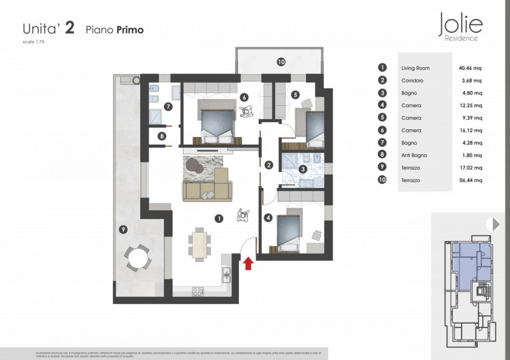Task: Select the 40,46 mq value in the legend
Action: coord(470,68)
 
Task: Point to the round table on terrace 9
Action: coord(137,257)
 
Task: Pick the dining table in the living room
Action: coord(200,244)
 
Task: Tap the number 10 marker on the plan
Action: coord(280,62)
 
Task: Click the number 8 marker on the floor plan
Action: coord(162,136)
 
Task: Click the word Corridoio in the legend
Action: coord(412,80)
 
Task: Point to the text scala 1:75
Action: coord(34,42)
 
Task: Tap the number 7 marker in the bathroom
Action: coord(168,107)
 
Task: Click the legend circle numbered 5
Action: coord(382,118)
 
